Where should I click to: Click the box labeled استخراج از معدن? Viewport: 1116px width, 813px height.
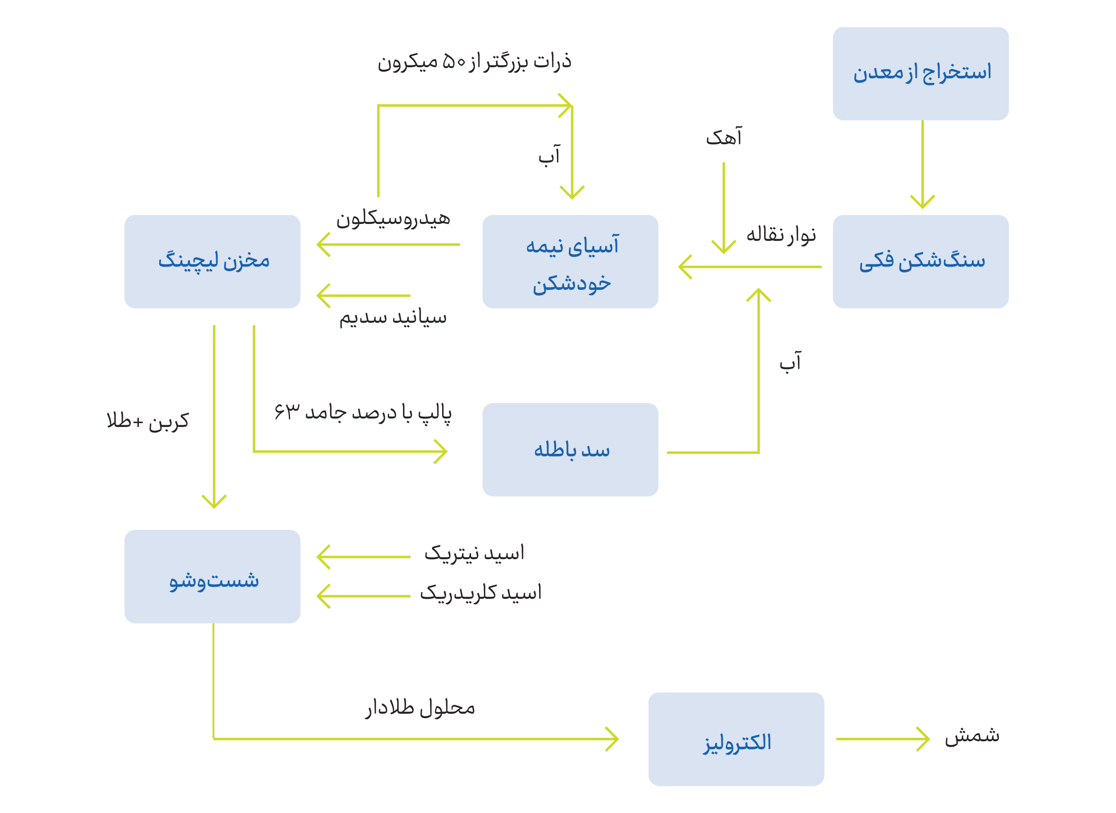click(920, 74)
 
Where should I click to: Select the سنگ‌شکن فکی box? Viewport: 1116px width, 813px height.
click(920, 261)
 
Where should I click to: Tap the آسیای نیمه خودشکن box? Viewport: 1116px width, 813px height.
click(570, 261)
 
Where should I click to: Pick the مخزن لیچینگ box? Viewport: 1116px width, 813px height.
click(212, 261)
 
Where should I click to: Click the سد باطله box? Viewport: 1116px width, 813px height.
click(570, 450)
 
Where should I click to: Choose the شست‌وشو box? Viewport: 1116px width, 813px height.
click(212, 577)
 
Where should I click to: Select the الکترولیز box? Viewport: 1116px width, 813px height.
click(736, 739)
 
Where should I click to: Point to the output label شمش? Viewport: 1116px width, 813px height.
click(972, 736)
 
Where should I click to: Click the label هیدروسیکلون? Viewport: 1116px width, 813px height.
click(393, 219)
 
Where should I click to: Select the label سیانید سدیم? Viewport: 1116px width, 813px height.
click(393, 317)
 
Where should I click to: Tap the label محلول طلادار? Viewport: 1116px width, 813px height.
click(420, 708)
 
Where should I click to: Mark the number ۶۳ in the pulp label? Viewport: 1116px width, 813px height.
click(287, 412)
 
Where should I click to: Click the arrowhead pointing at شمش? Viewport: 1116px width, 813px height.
click(923, 739)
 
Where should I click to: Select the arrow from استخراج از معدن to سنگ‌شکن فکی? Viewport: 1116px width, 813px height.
click(922, 164)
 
